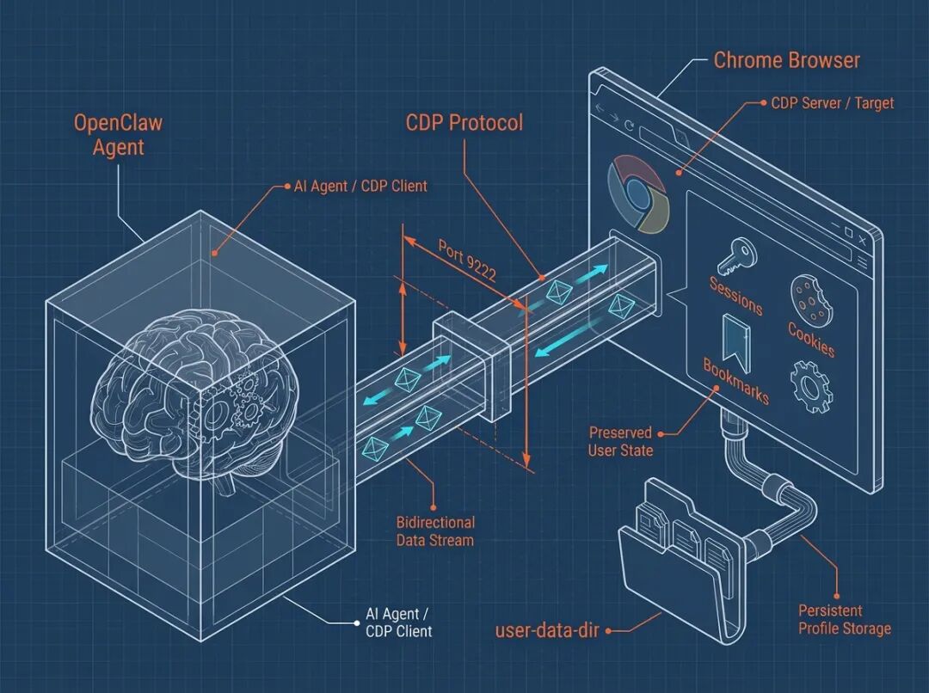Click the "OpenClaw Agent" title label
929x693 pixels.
(x=118, y=134)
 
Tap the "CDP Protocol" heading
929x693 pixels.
(x=464, y=122)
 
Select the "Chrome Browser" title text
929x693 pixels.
(x=786, y=60)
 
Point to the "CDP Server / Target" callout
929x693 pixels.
(x=832, y=103)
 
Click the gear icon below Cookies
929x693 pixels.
(x=809, y=384)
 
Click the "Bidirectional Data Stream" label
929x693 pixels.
(x=435, y=531)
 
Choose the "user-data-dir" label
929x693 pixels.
(x=547, y=630)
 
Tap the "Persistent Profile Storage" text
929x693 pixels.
(x=844, y=619)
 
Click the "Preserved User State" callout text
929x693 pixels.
(x=621, y=441)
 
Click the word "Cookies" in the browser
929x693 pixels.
(x=811, y=339)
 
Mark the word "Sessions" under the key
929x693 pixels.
(x=735, y=295)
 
